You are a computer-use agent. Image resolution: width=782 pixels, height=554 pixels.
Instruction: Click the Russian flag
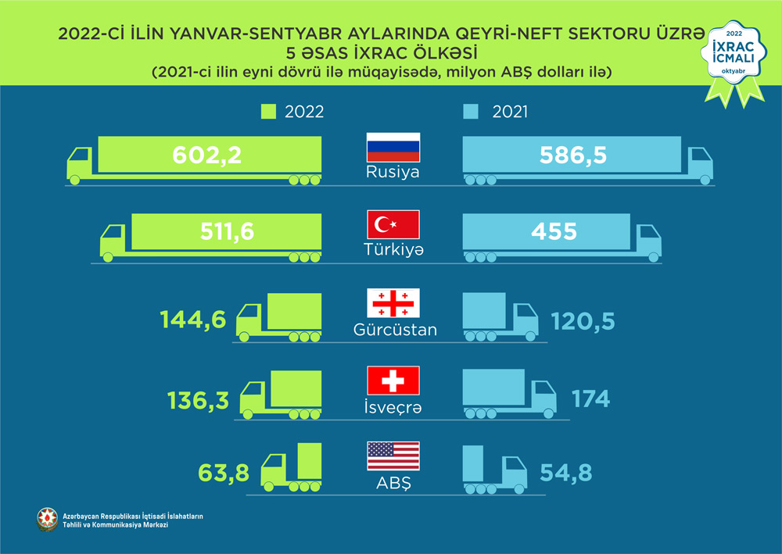[x=393, y=148]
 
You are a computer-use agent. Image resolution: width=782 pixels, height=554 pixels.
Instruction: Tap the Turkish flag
[x=393, y=225]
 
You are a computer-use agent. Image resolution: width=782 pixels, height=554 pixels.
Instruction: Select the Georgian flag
[x=393, y=302]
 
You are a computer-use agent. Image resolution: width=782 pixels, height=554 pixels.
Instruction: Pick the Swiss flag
[x=393, y=380]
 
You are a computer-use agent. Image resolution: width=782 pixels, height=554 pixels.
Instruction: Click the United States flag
[x=393, y=456]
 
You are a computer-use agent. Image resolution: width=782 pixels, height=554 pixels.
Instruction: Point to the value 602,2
[x=206, y=155]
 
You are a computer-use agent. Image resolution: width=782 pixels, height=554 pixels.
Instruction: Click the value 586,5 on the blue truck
[x=573, y=155]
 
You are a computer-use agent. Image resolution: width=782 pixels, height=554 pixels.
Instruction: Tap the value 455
[x=554, y=232]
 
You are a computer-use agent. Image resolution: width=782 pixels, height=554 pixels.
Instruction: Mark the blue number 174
[x=590, y=399]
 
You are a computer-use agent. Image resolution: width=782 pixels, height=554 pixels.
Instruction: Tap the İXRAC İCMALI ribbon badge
[x=734, y=59]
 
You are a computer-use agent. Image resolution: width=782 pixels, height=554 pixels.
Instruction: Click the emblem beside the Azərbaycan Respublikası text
[x=48, y=518]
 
